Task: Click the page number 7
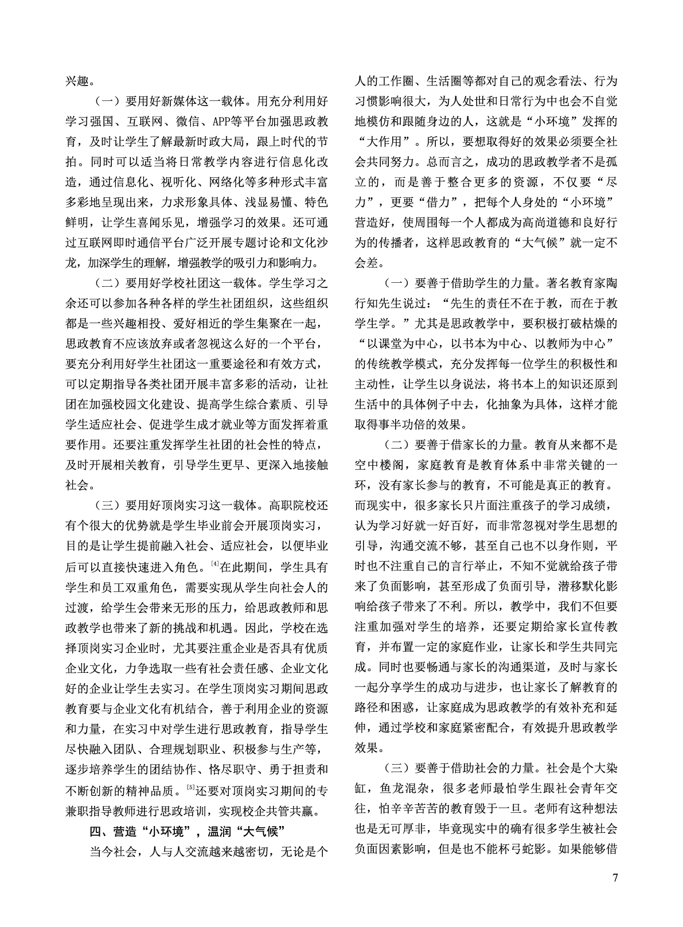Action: pos(615,878)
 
